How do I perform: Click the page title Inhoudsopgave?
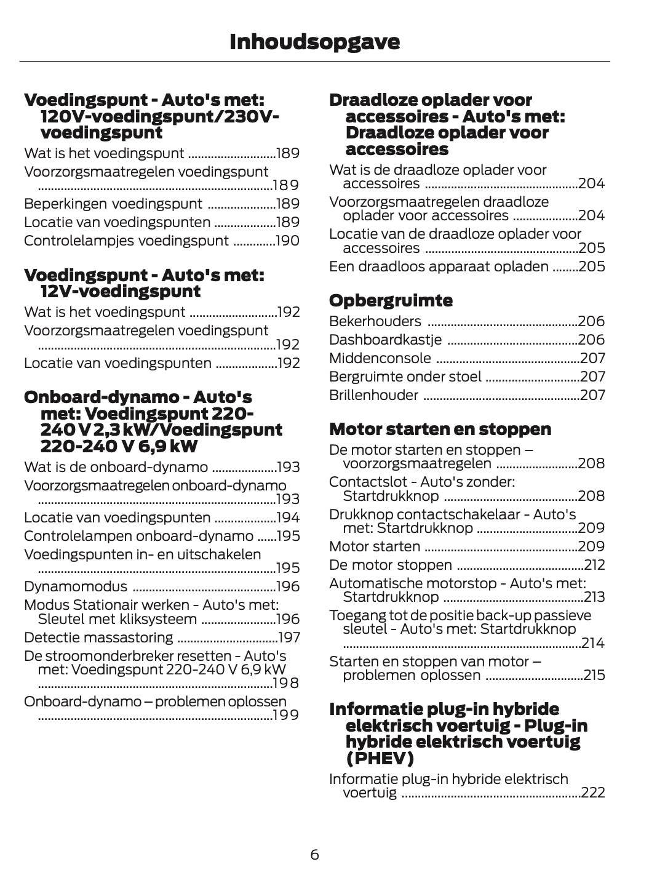[x=314, y=42]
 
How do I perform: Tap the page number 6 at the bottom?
[x=314, y=854]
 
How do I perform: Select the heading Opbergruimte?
[x=391, y=301]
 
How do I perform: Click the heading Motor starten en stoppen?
[x=440, y=429]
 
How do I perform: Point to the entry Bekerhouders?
[x=375, y=321]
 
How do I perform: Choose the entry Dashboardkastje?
[x=386, y=340]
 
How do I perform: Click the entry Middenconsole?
[x=380, y=358]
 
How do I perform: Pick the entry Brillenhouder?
[x=373, y=395]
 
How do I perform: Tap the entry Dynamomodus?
[x=76, y=587]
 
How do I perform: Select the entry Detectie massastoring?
[x=98, y=637]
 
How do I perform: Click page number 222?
[x=593, y=793]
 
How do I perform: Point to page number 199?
[x=286, y=715]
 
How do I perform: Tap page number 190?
[x=287, y=241]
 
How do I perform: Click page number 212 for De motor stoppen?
[x=595, y=565]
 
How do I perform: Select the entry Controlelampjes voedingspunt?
[x=126, y=241]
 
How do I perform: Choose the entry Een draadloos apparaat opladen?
[x=439, y=266]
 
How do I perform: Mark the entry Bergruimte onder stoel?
[x=405, y=377]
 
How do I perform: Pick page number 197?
[x=289, y=637]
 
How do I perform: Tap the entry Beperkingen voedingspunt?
[x=113, y=204]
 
